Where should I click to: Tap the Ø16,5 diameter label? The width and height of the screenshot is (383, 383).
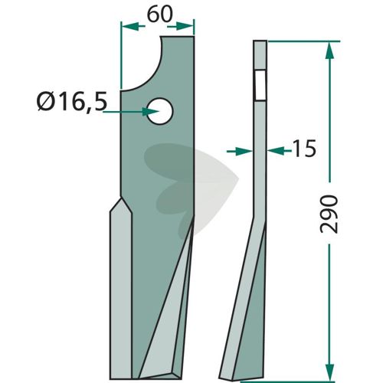pyautogui.click(x=72, y=102)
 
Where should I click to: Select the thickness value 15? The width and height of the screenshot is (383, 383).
pyautogui.click(x=304, y=149)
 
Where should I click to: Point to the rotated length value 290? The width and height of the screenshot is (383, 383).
pyautogui.click(x=329, y=214)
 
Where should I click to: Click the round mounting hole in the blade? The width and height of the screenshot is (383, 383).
pyautogui.click(x=160, y=111)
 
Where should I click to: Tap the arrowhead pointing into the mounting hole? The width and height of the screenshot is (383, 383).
pyautogui.click(x=150, y=112)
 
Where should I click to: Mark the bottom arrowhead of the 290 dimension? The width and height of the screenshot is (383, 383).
pyautogui.click(x=329, y=372)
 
